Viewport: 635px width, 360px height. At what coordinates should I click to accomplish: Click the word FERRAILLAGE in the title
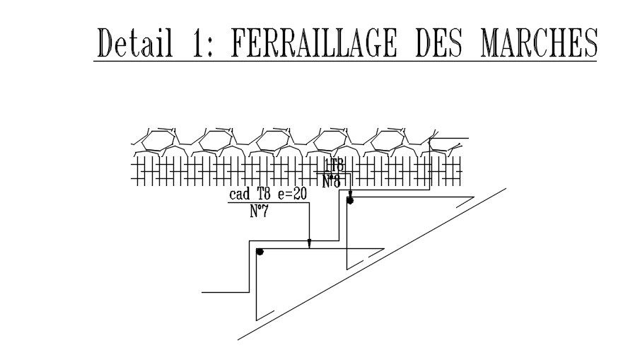(317, 43)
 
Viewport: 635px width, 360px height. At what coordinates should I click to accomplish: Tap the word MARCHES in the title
(539, 43)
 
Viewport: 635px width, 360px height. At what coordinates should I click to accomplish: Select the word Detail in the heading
(135, 43)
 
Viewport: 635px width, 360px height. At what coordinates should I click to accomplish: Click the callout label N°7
(260, 210)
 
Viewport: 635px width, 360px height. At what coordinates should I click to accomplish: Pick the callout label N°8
(332, 181)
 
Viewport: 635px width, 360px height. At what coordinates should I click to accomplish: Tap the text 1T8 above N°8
(334, 166)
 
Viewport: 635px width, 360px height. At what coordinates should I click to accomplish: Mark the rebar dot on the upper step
(349, 201)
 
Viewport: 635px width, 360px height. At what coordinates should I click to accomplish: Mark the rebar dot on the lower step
(260, 251)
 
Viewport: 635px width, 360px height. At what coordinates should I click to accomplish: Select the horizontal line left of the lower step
(225, 291)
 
